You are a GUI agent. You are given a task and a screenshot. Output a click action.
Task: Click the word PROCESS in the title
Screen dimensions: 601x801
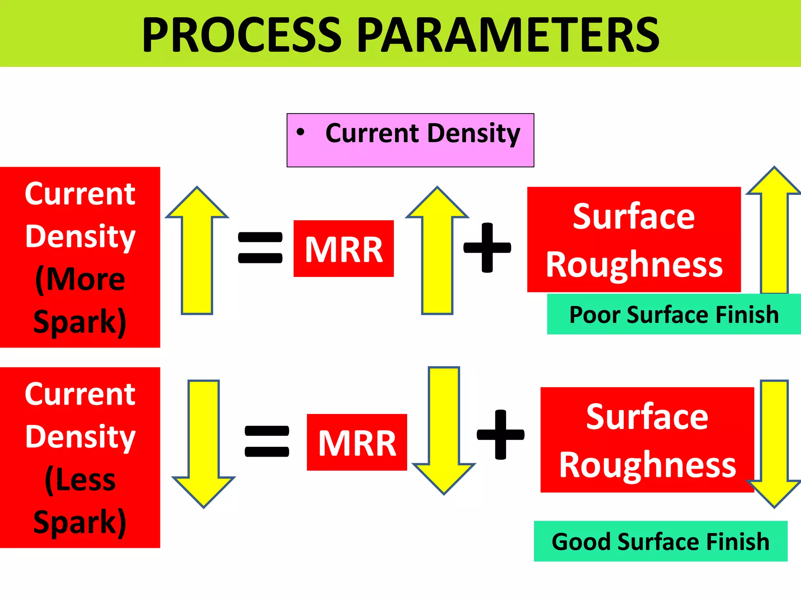click(242, 35)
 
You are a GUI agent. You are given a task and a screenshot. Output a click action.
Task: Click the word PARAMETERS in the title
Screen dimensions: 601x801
click(508, 35)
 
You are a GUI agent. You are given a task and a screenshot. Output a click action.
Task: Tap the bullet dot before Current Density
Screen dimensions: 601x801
click(300, 132)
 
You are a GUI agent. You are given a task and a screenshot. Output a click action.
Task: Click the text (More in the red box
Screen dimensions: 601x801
click(80, 279)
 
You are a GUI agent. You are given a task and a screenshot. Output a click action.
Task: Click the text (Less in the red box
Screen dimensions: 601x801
click(80, 480)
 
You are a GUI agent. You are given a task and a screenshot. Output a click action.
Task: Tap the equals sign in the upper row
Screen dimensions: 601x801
click(260, 247)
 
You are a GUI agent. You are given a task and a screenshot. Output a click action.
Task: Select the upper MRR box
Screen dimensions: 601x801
click(343, 249)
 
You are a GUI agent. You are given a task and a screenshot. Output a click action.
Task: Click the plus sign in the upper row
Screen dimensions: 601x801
click(487, 247)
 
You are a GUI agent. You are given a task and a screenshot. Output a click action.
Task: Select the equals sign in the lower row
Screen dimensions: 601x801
click(267, 441)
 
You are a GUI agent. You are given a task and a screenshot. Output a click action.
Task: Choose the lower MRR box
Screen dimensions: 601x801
click(357, 443)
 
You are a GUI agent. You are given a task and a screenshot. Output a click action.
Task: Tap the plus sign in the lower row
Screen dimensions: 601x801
click(500, 434)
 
